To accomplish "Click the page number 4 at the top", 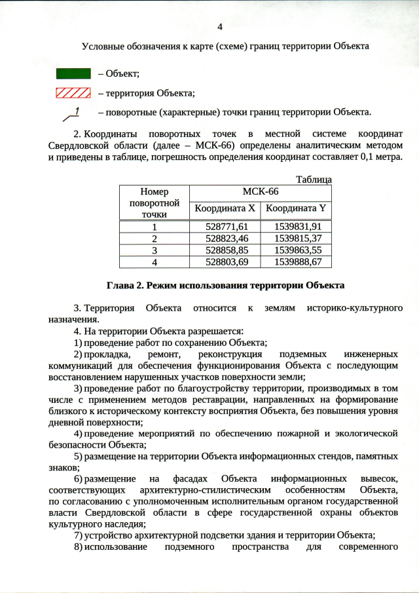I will pos(220,27).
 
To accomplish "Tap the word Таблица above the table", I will pos(314,180).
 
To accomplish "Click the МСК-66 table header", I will pos(261,192).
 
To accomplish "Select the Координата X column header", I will pos(225,209).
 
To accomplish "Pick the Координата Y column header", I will pos(296,209).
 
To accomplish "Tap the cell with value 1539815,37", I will pos(296,238).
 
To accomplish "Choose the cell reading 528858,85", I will pos(225,250).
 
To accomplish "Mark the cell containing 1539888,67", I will pos(296,261).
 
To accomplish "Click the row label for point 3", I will pos(155,250).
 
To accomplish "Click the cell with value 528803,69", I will pos(225,261).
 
